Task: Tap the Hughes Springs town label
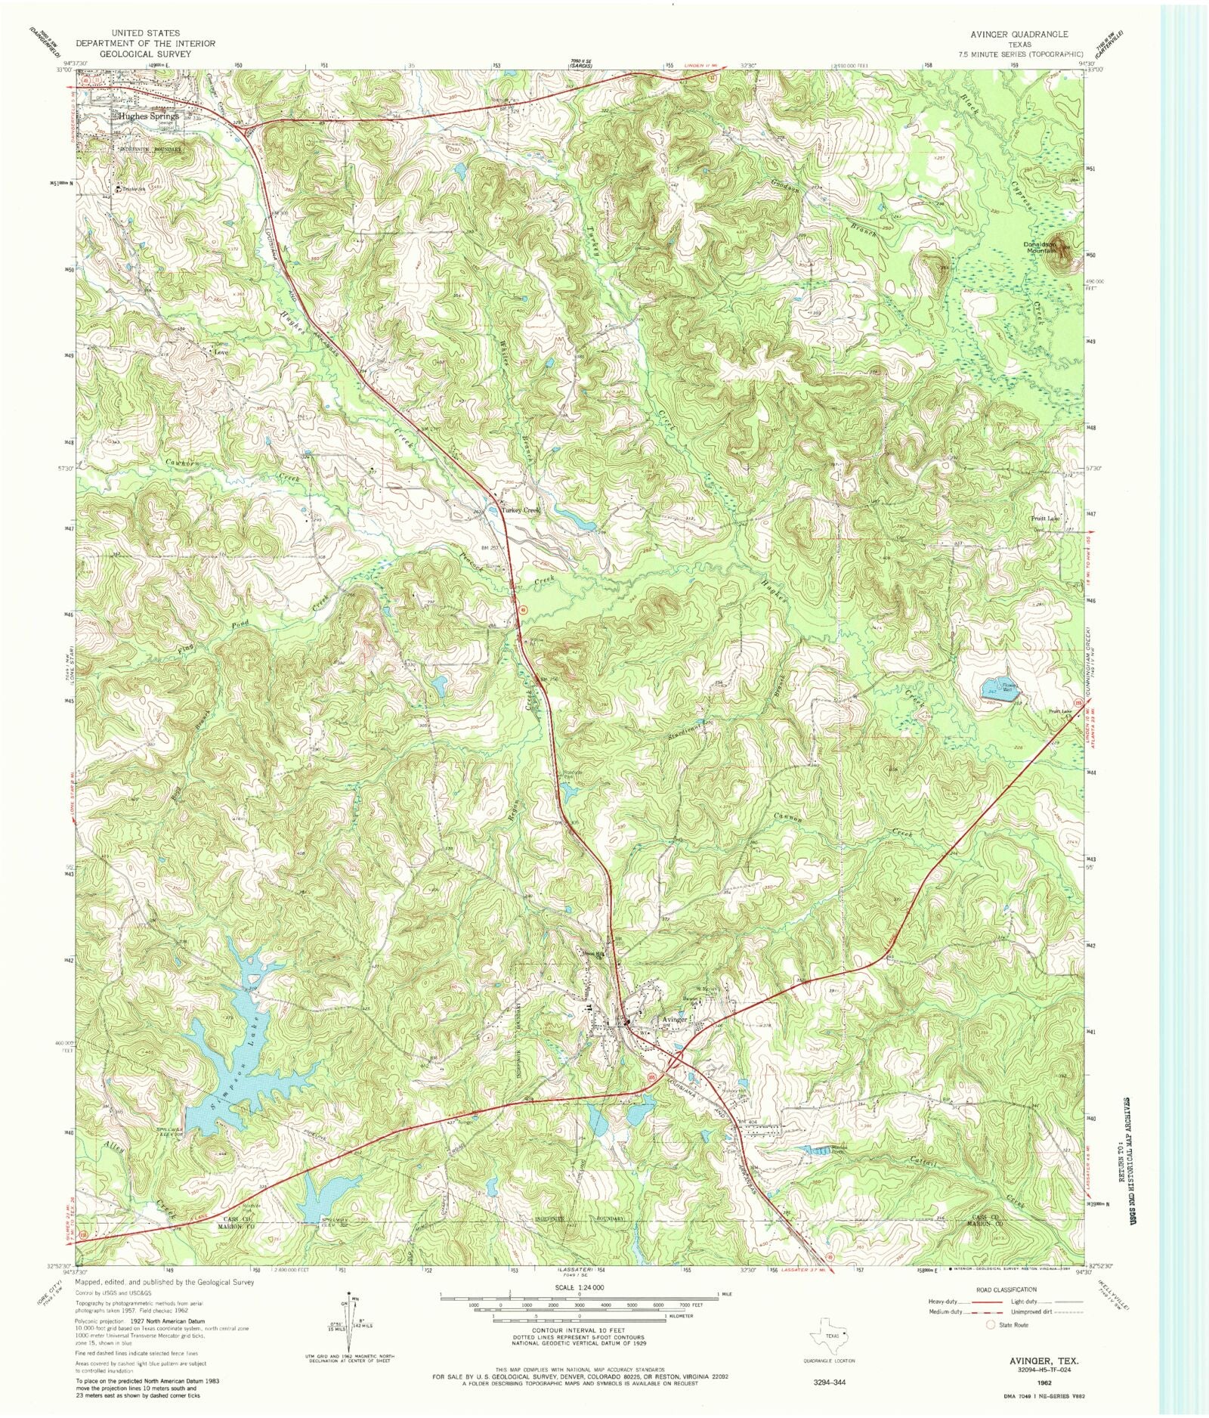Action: (x=148, y=116)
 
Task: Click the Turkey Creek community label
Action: (x=521, y=511)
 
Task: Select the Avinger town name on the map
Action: (x=675, y=1019)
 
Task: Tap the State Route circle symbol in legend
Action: (x=990, y=1324)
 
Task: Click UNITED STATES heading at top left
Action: (x=144, y=33)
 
